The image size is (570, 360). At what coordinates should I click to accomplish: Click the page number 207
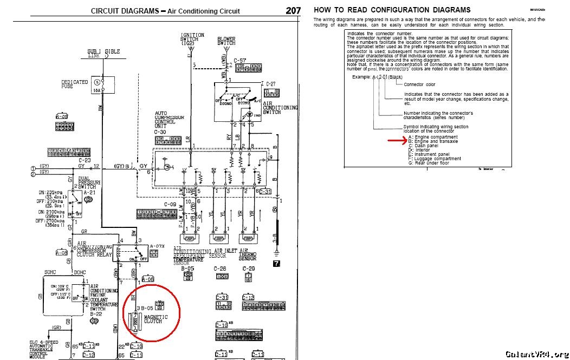point(293,10)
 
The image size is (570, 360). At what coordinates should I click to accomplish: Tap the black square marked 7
point(277,264)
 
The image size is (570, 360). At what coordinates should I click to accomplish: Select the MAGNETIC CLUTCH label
point(156,319)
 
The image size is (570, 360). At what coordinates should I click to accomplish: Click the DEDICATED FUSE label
point(74,84)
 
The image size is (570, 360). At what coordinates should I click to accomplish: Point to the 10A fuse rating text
point(97,90)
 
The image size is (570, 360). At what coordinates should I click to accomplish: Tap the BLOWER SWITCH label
point(226,41)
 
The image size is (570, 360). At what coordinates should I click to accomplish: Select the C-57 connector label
point(240,61)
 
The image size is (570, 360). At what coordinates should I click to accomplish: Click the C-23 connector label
point(85,160)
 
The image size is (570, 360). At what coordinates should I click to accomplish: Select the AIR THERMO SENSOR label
point(248,256)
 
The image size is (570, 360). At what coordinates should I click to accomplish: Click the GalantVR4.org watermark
point(536,354)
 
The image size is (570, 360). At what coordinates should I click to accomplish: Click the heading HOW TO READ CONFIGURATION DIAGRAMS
point(392,10)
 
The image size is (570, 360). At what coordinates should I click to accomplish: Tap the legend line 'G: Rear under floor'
point(429,162)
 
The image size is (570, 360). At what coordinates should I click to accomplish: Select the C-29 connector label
point(249,269)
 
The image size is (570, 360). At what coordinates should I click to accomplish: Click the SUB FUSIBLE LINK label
point(103,53)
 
